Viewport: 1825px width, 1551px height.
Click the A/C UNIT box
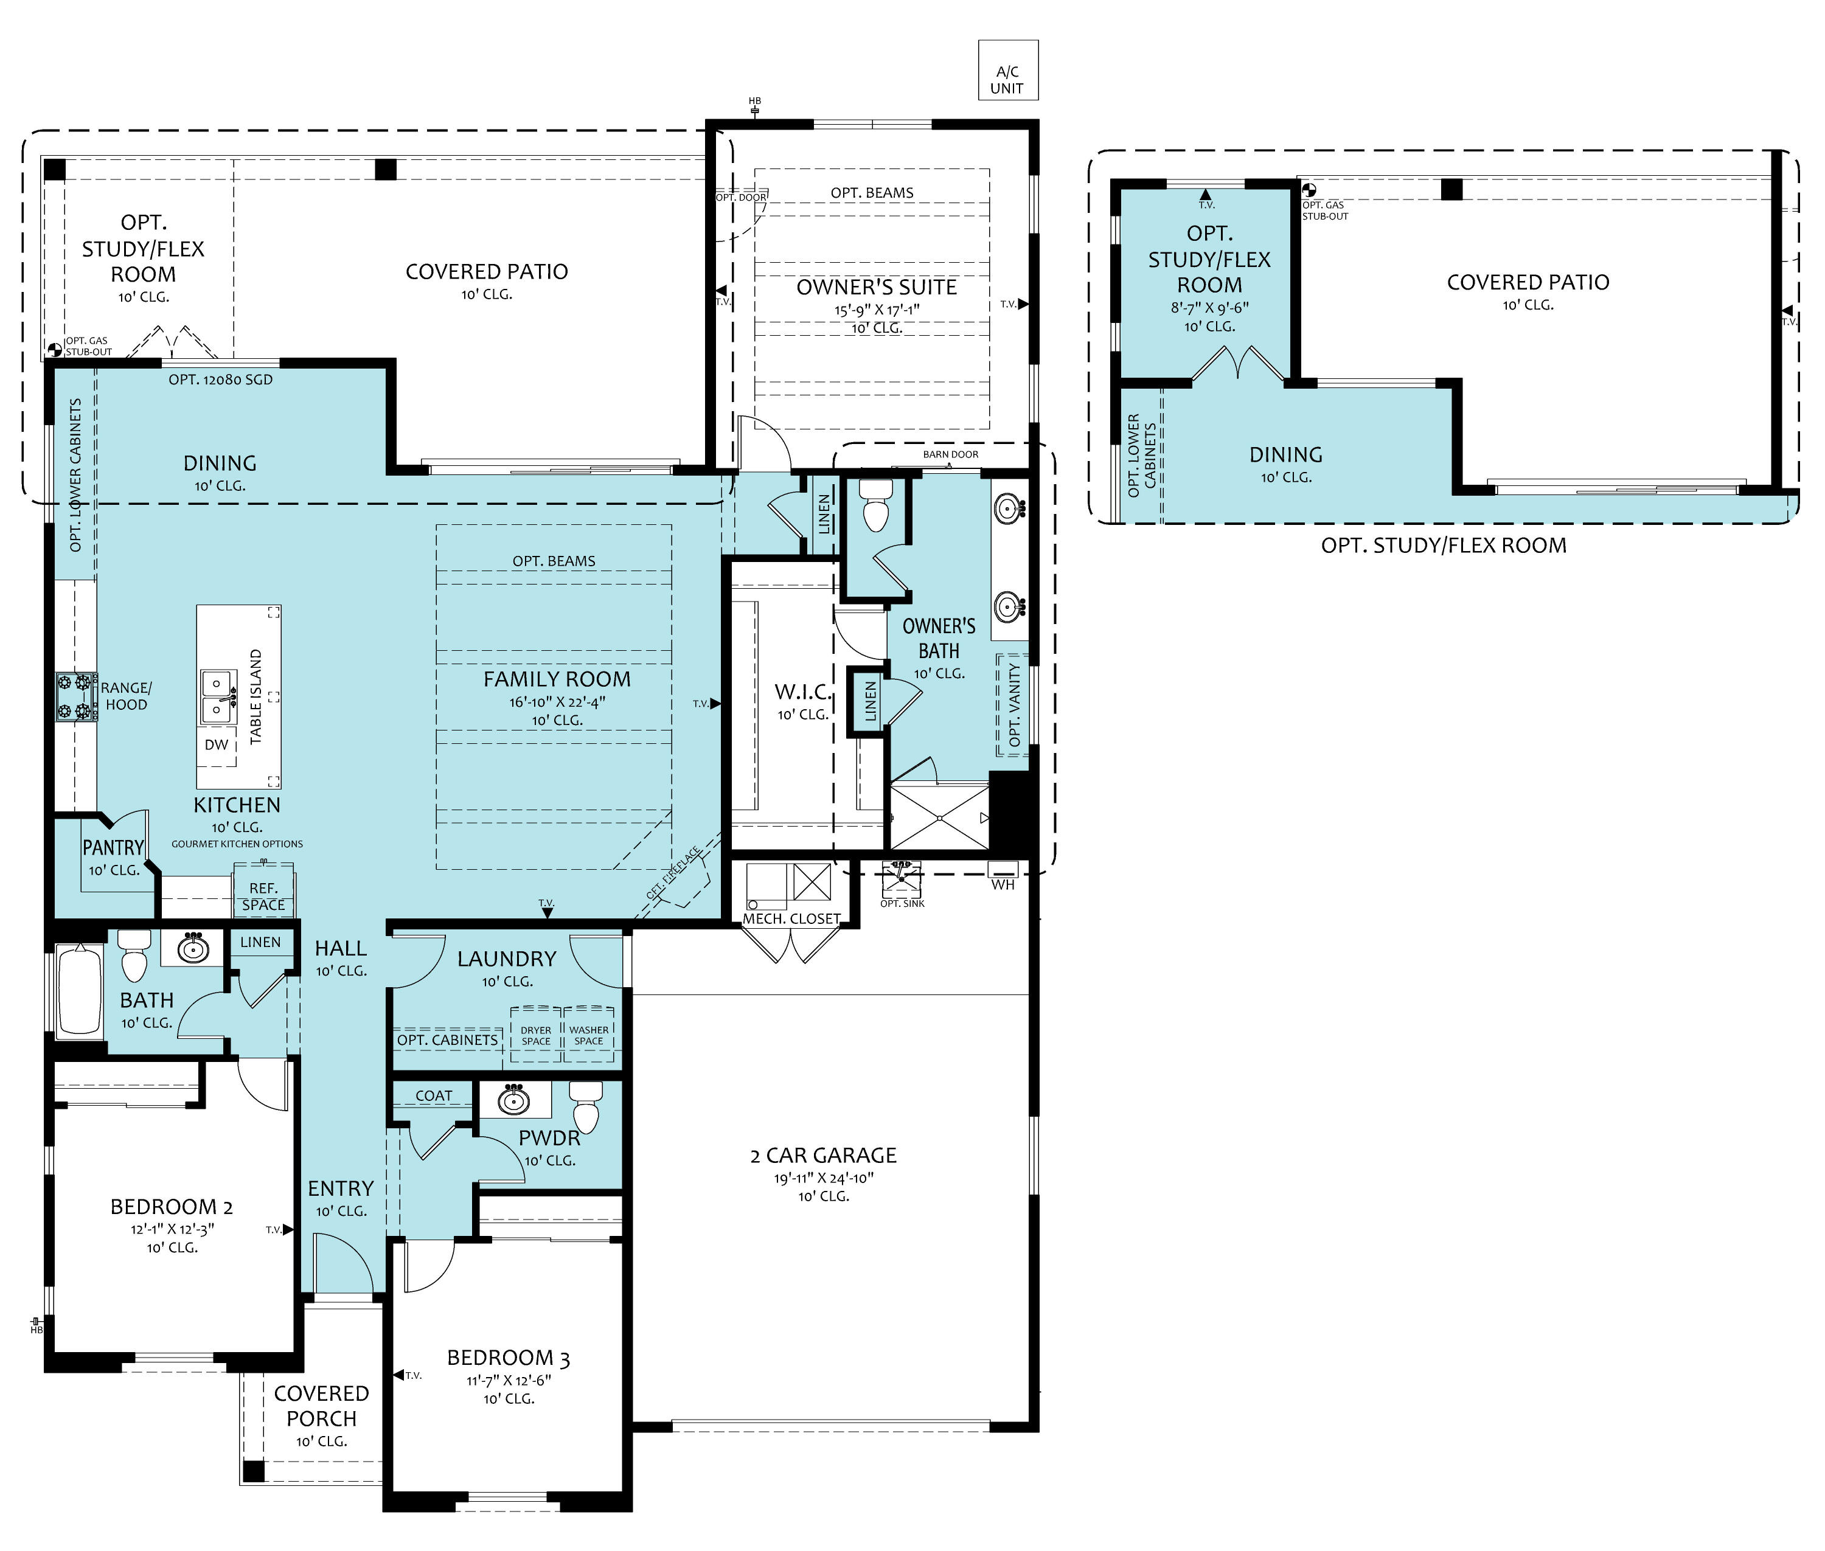click(1008, 71)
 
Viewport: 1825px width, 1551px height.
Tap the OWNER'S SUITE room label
click(876, 288)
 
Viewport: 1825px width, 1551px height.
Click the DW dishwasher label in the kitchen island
click(217, 744)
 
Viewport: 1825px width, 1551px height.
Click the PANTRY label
click(114, 848)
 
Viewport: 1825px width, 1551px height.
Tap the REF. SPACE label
click(263, 896)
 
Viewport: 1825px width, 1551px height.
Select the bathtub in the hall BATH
click(79, 989)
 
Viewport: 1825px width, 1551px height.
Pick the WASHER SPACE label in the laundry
click(588, 1035)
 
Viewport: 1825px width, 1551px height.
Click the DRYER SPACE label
click(535, 1035)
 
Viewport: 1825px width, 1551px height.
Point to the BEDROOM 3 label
click(509, 1358)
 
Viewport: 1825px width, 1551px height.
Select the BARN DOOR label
click(951, 454)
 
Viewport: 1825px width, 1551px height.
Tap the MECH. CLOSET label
click(791, 919)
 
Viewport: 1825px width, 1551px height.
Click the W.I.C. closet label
click(803, 692)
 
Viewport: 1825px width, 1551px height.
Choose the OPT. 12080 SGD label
click(221, 380)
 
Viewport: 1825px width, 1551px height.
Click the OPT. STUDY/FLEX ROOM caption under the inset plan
click(1444, 545)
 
